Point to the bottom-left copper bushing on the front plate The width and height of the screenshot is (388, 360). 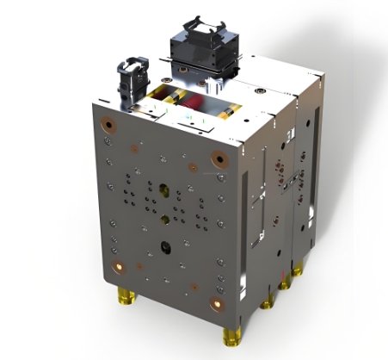[x=119, y=264]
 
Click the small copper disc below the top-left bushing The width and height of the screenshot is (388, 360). [x=106, y=140]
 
